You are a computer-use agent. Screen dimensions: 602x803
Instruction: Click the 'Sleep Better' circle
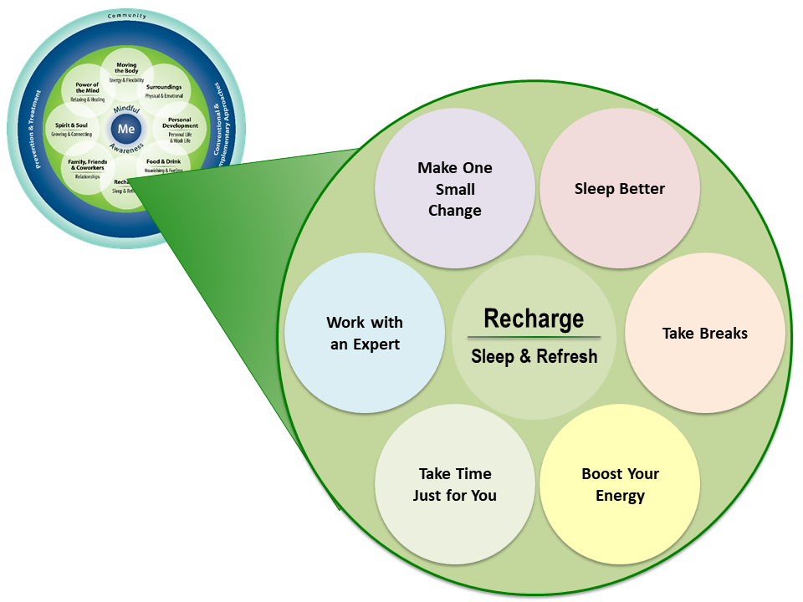point(620,189)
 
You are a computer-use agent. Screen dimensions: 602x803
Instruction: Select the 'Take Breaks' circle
point(704,333)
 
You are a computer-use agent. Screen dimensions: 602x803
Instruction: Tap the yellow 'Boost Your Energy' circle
point(620,485)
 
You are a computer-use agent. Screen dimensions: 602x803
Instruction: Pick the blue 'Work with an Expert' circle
point(365,333)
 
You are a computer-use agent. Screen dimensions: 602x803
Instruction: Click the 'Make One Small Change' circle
point(454,189)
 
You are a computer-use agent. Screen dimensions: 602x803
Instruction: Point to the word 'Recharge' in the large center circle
point(534,319)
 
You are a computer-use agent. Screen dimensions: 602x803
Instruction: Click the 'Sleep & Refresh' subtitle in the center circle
point(534,356)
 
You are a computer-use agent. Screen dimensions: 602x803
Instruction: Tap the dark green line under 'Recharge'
point(534,337)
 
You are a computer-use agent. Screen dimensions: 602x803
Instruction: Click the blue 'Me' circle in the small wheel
point(126,129)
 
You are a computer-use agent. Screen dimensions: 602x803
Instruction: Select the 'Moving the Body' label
point(126,68)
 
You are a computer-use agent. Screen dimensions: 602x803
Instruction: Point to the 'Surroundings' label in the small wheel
point(164,87)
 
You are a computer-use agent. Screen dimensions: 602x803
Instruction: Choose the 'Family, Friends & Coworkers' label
point(87,165)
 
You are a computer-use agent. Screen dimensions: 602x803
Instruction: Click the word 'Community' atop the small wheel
point(126,17)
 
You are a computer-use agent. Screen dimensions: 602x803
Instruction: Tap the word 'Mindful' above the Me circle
point(126,110)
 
